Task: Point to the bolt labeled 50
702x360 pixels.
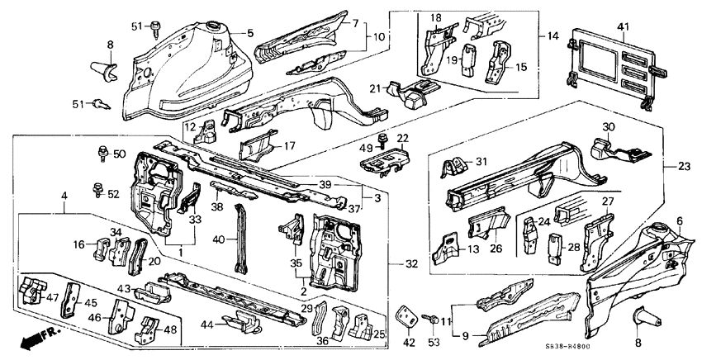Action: pyautogui.click(x=101, y=152)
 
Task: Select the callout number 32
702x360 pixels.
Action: pyautogui.click(x=410, y=263)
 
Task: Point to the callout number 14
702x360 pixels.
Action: pyautogui.click(x=552, y=36)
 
